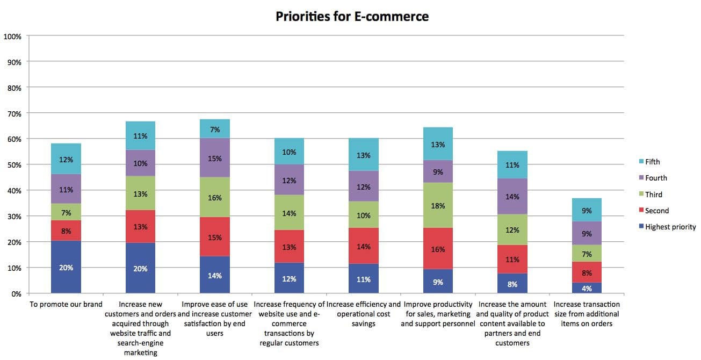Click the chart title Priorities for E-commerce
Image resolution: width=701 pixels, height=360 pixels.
pos(352,17)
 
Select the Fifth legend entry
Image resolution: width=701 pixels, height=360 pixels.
pos(652,162)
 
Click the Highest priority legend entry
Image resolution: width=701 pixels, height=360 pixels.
pos(670,227)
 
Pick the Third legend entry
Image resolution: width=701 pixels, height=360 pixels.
pos(653,195)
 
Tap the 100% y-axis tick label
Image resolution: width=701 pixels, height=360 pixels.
pos(12,37)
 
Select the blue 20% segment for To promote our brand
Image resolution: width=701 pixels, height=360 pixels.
pos(66,267)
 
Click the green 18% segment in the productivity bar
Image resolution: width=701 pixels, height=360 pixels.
pos(438,205)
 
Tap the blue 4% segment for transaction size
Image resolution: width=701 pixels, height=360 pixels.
pos(587,288)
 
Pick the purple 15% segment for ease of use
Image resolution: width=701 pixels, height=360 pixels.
pos(215,158)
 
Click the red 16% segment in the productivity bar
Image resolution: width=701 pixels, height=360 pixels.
pos(438,249)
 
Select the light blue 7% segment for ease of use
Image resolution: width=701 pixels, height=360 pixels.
pos(215,129)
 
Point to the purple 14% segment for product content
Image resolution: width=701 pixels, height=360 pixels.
pos(512,197)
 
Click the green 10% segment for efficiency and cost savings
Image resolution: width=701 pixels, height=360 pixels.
pos(363,215)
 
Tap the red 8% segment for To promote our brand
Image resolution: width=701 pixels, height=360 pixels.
pos(66,231)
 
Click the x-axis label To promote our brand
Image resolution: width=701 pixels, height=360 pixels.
pos(66,305)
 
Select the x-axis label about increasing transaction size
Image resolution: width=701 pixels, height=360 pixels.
pos(586,314)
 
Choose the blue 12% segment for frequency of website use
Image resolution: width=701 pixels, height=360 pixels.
pos(289,278)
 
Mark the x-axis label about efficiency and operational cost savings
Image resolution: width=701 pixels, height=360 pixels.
pos(364,314)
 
